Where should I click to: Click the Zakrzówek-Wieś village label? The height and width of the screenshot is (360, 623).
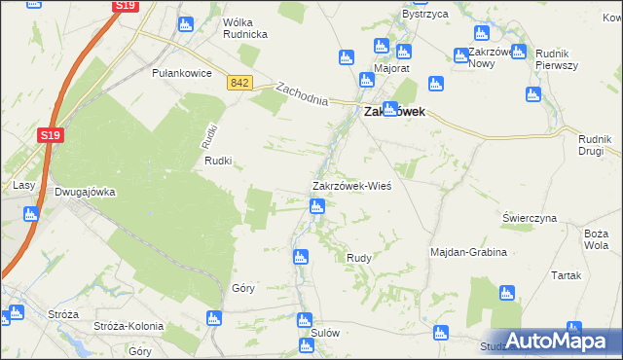(351, 186)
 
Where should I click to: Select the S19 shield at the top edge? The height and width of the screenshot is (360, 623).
(125, 6)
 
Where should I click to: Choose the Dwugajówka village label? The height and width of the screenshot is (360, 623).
(85, 192)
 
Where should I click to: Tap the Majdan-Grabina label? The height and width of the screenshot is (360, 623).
(469, 252)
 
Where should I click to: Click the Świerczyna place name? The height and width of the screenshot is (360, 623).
(529, 218)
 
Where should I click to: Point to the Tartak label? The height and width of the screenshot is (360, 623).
(566, 275)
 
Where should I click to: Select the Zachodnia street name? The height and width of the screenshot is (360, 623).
(301, 94)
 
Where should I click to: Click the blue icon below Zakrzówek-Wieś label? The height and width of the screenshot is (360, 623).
(316, 206)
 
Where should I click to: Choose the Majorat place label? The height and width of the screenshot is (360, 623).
(390, 69)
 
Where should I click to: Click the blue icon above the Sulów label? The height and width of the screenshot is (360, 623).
(305, 319)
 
